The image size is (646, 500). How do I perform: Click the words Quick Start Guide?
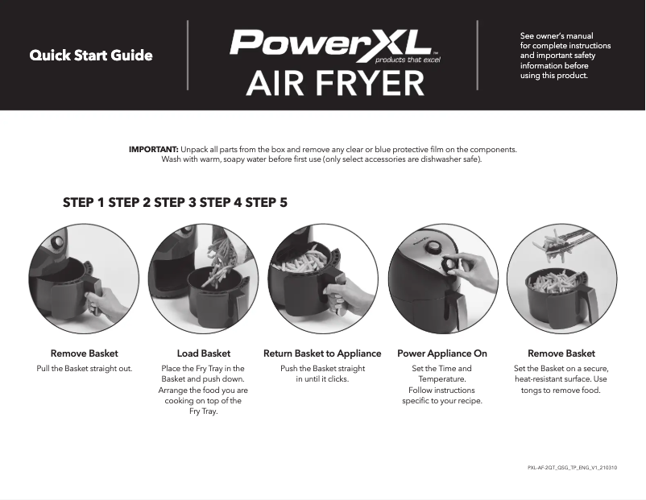(x=91, y=56)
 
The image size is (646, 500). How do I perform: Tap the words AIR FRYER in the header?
(x=335, y=83)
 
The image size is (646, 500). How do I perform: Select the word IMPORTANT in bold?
(x=154, y=150)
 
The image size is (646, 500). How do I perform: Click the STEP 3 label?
(x=175, y=203)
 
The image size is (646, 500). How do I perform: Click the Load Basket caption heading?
(x=203, y=353)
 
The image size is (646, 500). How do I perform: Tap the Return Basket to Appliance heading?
(x=322, y=353)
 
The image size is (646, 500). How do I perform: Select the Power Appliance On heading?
(x=442, y=353)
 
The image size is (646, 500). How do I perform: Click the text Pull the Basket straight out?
(x=85, y=369)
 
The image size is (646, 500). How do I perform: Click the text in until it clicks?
(x=322, y=379)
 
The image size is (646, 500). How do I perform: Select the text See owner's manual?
(x=557, y=35)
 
